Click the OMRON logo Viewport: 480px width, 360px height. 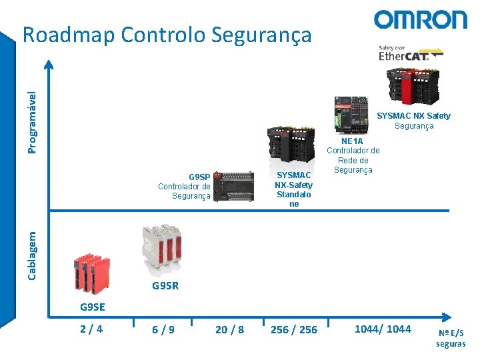420,19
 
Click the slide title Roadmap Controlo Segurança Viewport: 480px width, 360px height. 167,35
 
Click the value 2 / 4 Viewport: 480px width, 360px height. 91,329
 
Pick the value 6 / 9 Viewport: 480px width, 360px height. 163,329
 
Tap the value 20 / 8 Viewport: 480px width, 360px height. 230,329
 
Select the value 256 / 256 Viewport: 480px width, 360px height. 294,329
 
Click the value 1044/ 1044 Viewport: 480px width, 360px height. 383,329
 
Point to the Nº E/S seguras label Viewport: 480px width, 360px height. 451,338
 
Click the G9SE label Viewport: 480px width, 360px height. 93,307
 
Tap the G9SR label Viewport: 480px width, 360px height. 165,286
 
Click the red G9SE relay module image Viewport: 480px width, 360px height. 91,273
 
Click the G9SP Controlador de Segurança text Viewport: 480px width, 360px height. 185,187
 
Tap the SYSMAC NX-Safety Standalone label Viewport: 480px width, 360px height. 294,189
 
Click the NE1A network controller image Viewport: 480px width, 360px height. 351,115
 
